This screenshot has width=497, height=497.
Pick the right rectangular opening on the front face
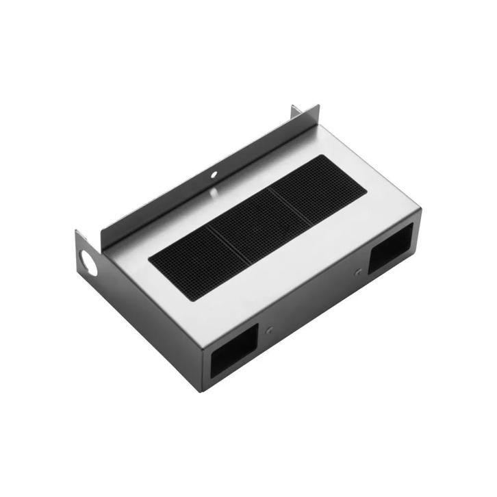point(391,248)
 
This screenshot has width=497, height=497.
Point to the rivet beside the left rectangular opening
point(269,330)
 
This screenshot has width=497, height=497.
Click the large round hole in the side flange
point(88,264)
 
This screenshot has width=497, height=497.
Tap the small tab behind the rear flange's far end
point(295,111)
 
